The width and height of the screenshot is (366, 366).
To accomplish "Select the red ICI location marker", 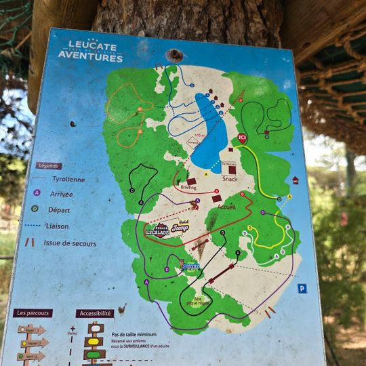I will coord(242,138).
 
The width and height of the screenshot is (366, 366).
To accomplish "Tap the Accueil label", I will coord(226,207).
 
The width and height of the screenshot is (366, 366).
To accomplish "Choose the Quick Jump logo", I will coord(179,228).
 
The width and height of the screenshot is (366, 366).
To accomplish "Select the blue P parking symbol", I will coord(302,289).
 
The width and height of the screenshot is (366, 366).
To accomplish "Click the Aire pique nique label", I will coord(199,302).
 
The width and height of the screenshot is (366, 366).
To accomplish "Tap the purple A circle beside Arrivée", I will coord(37,192).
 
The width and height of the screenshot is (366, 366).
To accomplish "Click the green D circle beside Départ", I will coord(35,209).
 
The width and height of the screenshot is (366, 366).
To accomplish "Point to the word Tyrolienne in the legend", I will coord(68,179).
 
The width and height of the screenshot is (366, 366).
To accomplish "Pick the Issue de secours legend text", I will coord(70,243).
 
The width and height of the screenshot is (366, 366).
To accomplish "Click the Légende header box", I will coord(49,165).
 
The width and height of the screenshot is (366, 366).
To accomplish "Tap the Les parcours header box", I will coord(33,313).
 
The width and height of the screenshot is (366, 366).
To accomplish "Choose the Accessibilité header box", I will coord(94,314).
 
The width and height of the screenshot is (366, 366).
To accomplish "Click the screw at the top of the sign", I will coord(176,56).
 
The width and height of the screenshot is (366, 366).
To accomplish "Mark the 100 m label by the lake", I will coord(199,136).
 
